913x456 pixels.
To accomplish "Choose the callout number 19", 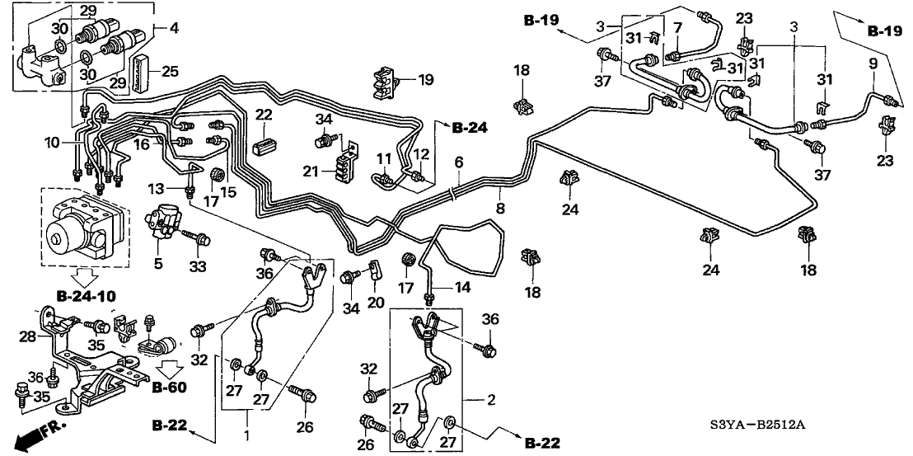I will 425,80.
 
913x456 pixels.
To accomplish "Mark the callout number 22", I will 264,115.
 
